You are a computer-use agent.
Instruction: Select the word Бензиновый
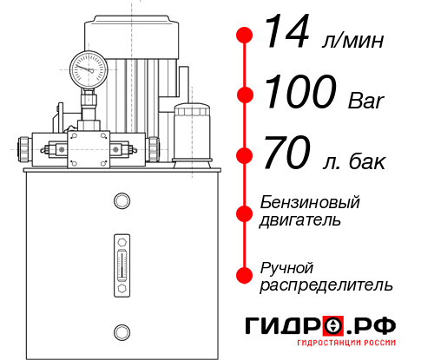tap(310, 203)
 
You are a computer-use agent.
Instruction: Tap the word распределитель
tap(326, 285)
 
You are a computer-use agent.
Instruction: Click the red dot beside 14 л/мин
tap(244, 35)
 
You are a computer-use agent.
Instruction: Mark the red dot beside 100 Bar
tap(244, 95)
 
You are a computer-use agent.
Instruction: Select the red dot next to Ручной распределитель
tap(244, 275)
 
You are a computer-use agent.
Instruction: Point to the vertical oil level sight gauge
tap(121, 261)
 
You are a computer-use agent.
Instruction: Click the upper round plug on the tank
tap(121, 202)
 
